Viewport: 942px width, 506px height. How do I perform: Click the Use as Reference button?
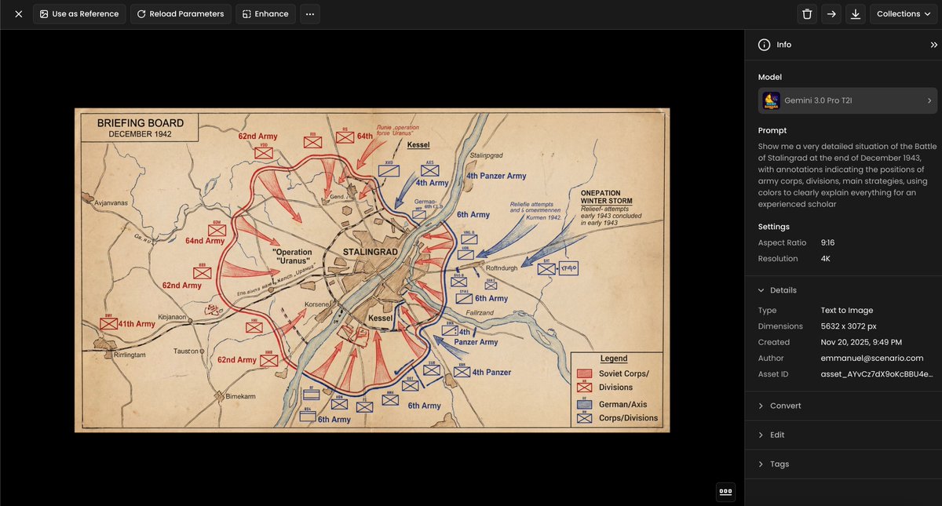point(78,14)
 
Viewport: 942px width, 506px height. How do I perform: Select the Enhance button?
point(265,14)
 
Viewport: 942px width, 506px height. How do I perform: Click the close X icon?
point(18,14)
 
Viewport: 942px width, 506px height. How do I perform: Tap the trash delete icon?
point(807,14)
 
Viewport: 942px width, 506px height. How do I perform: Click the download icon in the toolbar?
point(855,14)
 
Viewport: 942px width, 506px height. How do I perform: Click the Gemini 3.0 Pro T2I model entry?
point(847,100)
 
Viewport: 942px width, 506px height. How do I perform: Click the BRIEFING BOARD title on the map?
point(140,123)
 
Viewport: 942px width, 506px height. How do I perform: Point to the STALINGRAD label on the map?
point(371,252)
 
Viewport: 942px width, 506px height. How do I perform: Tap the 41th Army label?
point(135,323)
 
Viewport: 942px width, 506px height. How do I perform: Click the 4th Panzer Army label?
point(495,176)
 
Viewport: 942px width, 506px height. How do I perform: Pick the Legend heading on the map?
point(614,359)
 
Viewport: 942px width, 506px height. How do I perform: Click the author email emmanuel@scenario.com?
point(871,358)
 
